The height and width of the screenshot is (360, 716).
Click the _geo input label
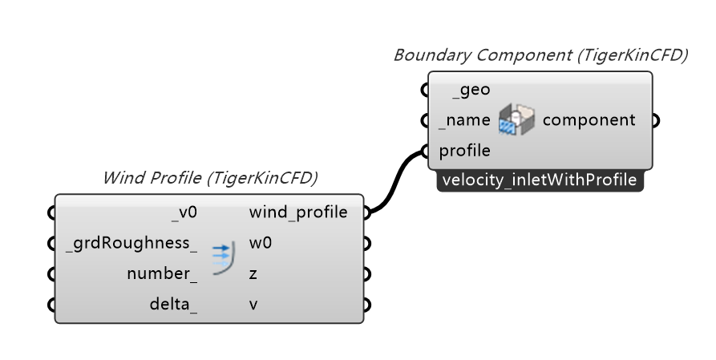[471, 91]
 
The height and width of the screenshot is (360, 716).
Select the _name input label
[464, 120]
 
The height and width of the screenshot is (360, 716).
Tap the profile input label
[464, 150]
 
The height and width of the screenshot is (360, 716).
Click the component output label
[589, 120]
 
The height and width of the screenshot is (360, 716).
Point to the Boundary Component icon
[516, 120]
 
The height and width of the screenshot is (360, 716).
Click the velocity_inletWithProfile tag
[540, 180]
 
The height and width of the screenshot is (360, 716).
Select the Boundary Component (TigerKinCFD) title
[540, 55]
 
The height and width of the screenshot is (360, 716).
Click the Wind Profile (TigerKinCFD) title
[209, 177]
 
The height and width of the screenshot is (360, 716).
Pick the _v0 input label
[184, 212]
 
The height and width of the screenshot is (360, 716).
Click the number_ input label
[162, 273]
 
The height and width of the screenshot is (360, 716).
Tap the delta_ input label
[173, 304]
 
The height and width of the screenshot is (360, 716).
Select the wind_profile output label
[298, 212]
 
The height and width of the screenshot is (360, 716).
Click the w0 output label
[261, 243]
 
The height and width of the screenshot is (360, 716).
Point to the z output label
[253, 273]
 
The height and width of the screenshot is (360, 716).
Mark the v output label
[253, 304]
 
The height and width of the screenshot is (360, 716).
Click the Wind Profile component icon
[223, 258]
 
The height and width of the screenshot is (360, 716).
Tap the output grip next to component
[655, 120]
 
